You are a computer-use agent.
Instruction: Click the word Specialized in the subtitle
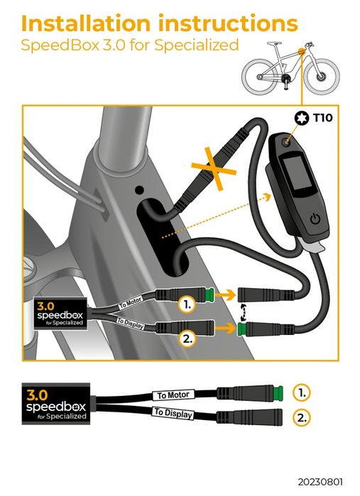coord(202,46)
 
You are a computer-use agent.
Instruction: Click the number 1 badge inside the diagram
coord(187,306)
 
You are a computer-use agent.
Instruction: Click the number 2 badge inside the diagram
coord(187,339)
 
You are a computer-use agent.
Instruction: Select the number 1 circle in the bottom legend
coord(302,392)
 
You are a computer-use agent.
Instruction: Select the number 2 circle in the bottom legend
coord(302,417)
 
